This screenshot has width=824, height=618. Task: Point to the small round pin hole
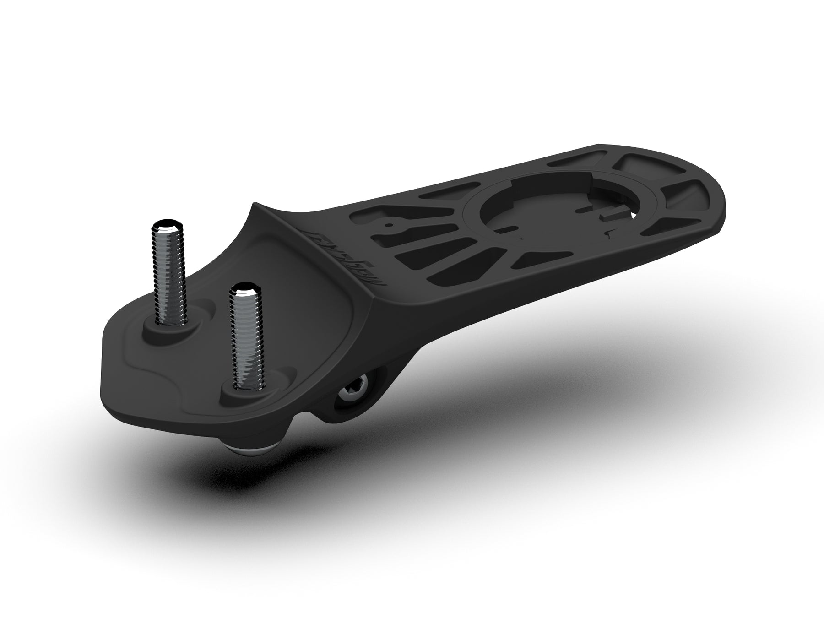[x=389, y=225]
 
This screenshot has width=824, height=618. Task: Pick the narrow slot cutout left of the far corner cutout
[x=572, y=163]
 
